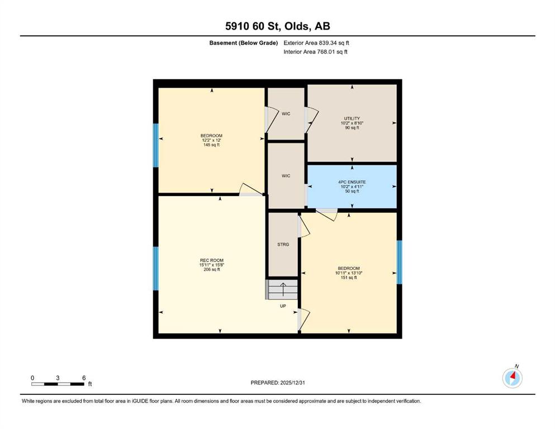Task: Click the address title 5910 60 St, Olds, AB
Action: pyautogui.click(x=277, y=26)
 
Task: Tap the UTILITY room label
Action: pyautogui.click(x=352, y=118)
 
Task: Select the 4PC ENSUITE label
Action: pyautogui.click(x=352, y=182)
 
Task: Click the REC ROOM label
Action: pyautogui.click(x=212, y=260)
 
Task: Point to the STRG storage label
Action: pyautogui.click(x=283, y=245)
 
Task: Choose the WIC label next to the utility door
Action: pyautogui.click(x=286, y=113)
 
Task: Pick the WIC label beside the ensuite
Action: pyautogui.click(x=286, y=176)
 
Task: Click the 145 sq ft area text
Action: pyautogui.click(x=212, y=145)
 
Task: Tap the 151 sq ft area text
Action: pyautogui.click(x=349, y=278)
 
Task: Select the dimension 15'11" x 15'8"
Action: pyautogui.click(x=212, y=265)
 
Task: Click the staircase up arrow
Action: pyautogui.click(x=283, y=289)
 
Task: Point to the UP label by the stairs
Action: pyautogui.click(x=283, y=306)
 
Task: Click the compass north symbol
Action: pyautogui.click(x=512, y=378)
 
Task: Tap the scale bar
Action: pyautogui.click(x=58, y=384)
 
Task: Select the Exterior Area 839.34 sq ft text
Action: pyautogui.click(x=316, y=43)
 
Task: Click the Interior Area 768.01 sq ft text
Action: pyautogui.click(x=315, y=51)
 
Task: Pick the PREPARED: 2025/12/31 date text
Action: pyautogui.click(x=277, y=383)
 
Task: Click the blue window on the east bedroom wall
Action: pyautogui.click(x=399, y=262)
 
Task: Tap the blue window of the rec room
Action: pyautogui.click(x=156, y=269)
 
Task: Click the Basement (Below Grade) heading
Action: pyautogui.click(x=244, y=43)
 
